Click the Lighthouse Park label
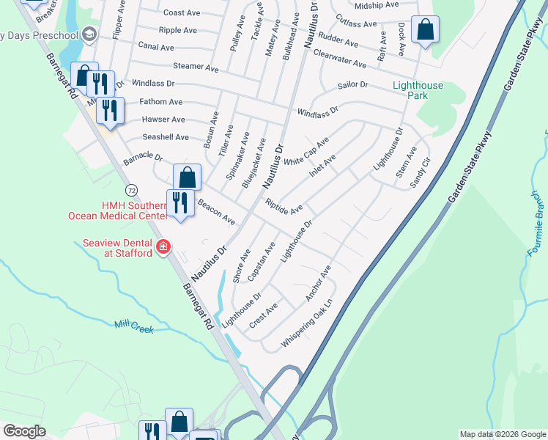tap(418, 91)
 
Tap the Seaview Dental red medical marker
tap(164, 248)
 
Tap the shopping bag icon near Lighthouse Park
tap(424, 30)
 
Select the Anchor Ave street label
tap(318, 282)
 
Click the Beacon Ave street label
tap(216, 213)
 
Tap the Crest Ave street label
tap(263, 313)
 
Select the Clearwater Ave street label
tap(339, 59)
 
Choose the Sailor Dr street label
tap(353, 85)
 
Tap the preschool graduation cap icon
tap(89, 34)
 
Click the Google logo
tap(24, 431)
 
